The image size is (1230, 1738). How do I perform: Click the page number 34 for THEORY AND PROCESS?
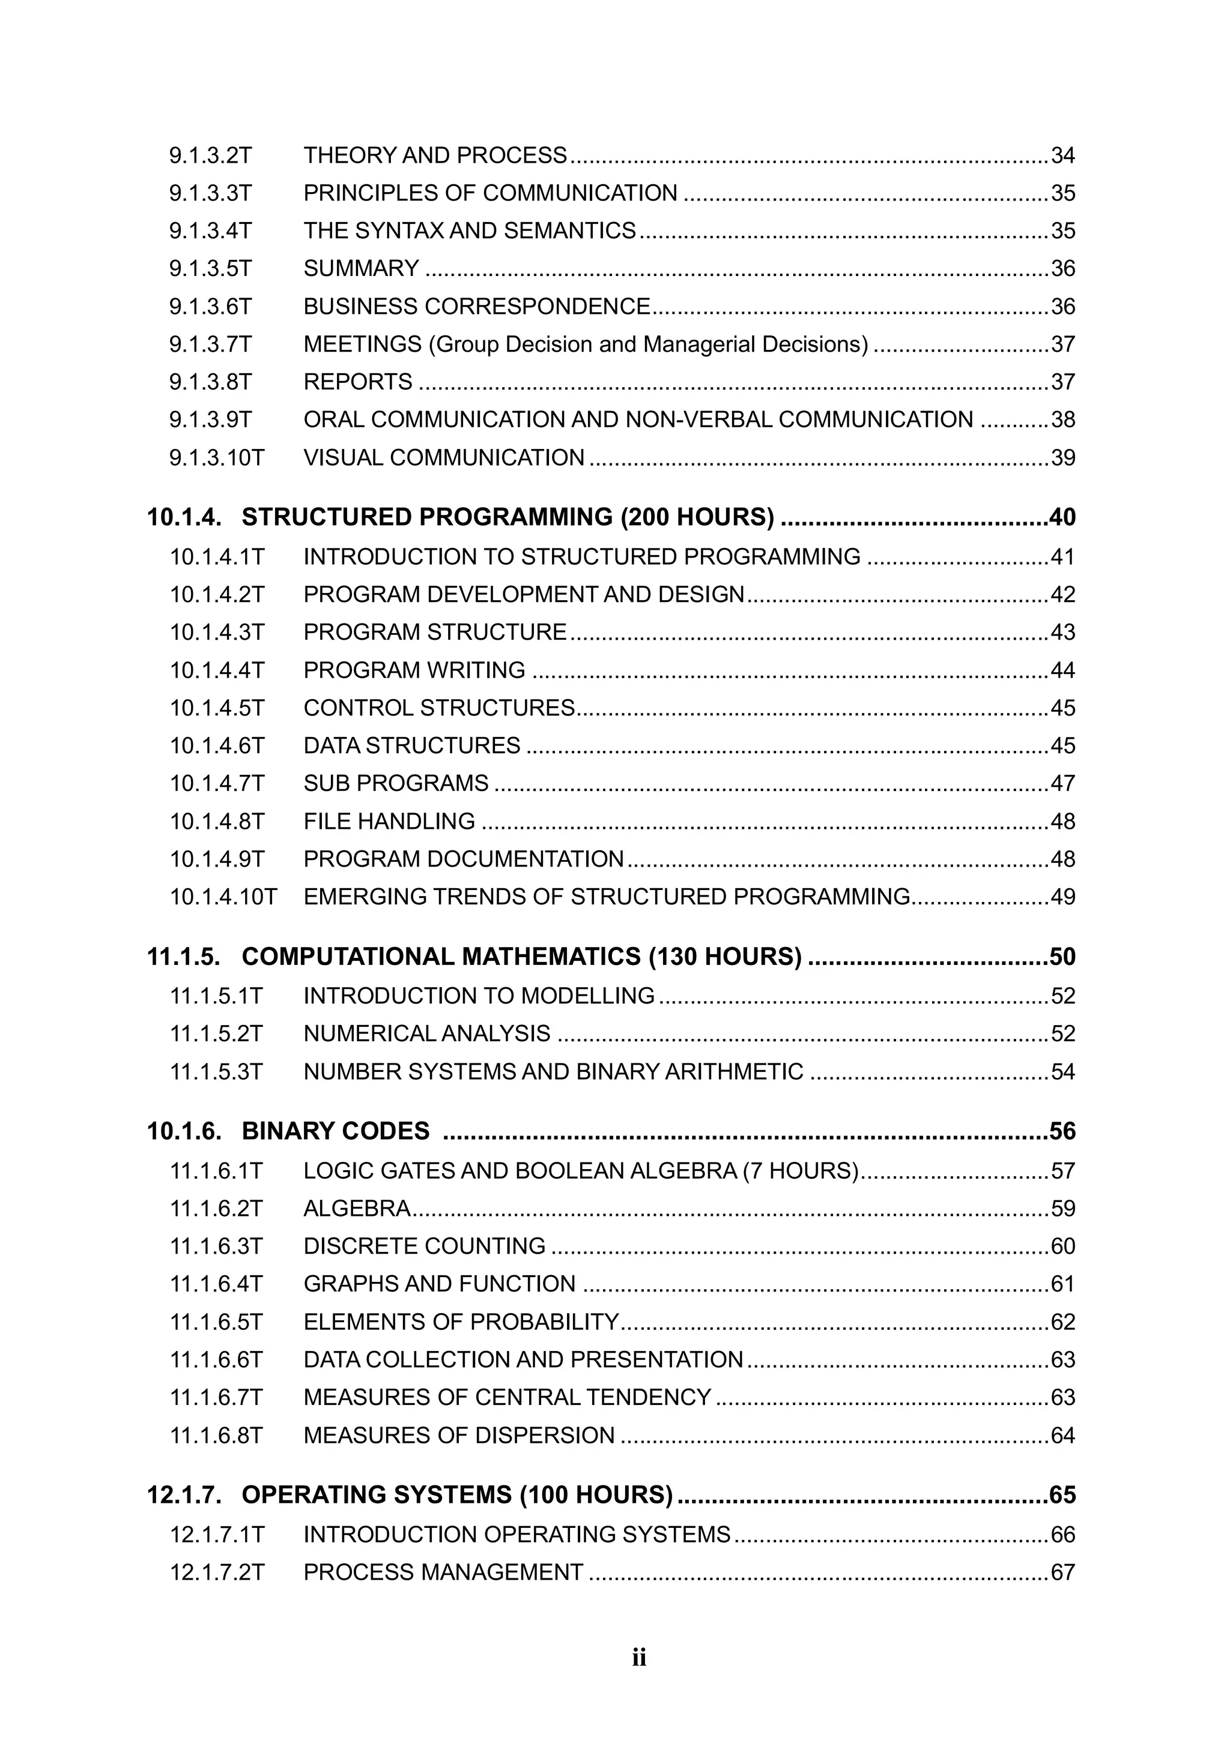click(1062, 155)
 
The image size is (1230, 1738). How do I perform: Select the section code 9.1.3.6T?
click(210, 307)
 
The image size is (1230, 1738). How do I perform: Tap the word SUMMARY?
click(362, 269)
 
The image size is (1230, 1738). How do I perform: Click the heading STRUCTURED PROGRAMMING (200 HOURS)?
click(507, 517)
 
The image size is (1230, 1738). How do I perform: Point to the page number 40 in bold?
click(1062, 517)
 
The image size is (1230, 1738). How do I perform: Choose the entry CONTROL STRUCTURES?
click(439, 708)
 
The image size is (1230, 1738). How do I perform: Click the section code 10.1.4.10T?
click(223, 897)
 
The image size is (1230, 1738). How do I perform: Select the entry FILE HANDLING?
click(389, 822)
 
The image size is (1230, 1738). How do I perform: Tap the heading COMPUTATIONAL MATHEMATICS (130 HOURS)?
click(521, 957)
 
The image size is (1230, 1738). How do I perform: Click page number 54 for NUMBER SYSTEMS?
click(1062, 1072)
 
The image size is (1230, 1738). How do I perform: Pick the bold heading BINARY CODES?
click(336, 1131)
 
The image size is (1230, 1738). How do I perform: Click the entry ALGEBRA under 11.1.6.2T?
click(357, 1208)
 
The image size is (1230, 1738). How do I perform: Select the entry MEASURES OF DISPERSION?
click(459, 1435)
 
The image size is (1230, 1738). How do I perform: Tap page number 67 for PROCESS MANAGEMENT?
click(1062, 1572)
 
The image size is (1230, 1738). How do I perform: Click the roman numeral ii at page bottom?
click(639, 1658)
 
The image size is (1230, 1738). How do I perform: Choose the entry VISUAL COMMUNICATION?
click(444, 458)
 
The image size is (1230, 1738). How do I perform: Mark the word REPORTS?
click(357, 382)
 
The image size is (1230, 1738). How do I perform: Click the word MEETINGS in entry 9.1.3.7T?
click(362, 344)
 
